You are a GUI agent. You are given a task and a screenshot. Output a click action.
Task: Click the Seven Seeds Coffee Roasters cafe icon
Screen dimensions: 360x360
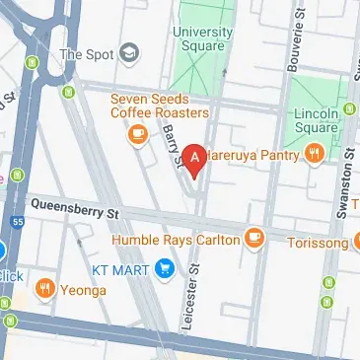click(138, 133)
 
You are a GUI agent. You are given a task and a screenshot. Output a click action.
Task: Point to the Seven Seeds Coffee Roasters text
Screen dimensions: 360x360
click(152, 106)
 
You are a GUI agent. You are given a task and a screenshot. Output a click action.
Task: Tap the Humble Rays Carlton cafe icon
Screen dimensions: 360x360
click(254, 238)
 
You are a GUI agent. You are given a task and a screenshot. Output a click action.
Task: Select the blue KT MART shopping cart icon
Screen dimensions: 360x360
click(164, 265)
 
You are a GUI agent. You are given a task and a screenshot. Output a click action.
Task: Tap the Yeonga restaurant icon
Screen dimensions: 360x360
click(43, 289)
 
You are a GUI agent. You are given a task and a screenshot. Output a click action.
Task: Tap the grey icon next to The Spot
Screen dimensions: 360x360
click(127, 53)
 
